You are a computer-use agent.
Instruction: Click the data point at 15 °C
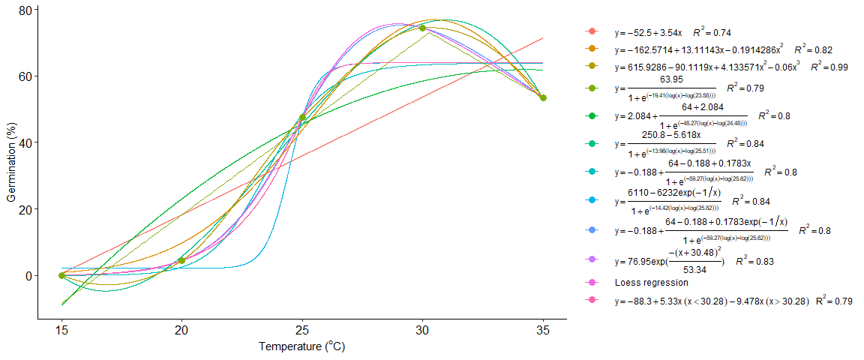61,275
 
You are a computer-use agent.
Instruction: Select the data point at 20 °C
181,260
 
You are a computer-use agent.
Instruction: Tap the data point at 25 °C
302,118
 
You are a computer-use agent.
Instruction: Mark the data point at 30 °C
422,28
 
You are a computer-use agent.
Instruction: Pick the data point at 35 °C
543,97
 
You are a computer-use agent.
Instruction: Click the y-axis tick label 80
25,10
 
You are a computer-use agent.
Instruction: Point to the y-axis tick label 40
25,142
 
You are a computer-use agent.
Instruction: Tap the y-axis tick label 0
28,275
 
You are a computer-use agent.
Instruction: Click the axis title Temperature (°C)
301,347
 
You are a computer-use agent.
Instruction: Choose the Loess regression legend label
651,283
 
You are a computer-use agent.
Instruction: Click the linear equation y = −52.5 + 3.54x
648,33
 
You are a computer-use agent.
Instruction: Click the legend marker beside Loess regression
592,283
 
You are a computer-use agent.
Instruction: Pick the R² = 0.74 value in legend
712,33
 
